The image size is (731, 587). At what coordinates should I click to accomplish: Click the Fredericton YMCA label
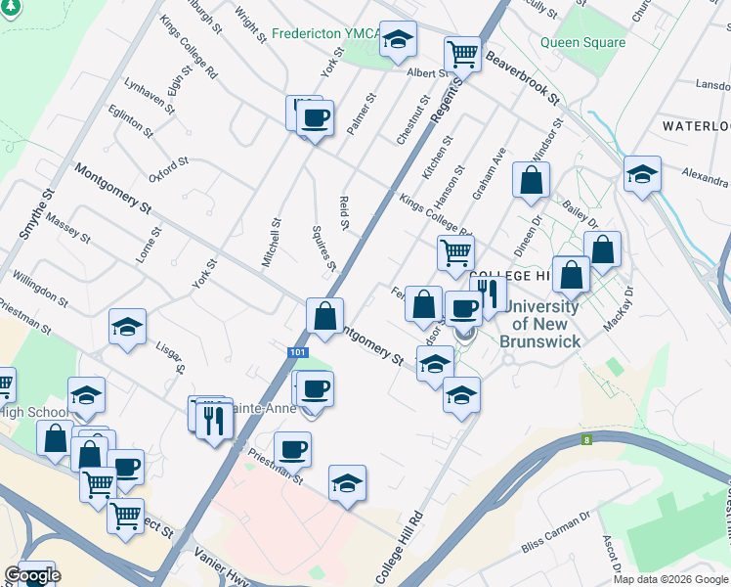325,32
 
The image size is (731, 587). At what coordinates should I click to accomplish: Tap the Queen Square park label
582,42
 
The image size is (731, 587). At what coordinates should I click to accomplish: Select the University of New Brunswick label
539,324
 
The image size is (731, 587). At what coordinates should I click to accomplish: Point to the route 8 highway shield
587,441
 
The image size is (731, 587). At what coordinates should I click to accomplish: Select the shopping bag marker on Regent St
325,315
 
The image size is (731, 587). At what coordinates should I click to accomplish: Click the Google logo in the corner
31,575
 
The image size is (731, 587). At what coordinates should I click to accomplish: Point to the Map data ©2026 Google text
670,579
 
